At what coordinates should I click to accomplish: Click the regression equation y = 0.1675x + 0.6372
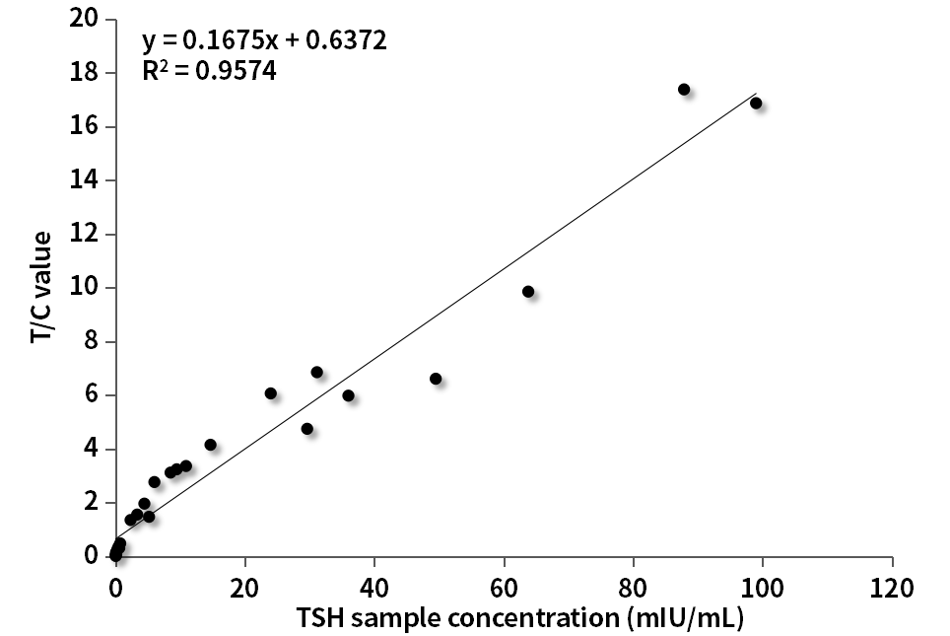[x=264, y=40]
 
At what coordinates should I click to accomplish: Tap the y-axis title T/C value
[x=42, y=288]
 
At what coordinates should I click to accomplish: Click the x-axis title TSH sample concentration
[x=519, y=618]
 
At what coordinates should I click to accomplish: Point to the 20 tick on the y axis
[x=85, y=19]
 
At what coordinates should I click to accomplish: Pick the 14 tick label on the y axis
[x=85, y=180]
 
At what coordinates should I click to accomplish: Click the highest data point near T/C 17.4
[x=684, y=89]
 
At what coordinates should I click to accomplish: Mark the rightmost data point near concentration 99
[x=756, y=103]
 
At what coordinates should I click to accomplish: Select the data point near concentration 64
[x=528, y=291]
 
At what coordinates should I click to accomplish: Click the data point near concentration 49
[x=436, y=379]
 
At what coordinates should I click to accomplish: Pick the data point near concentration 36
[x=348, y=395]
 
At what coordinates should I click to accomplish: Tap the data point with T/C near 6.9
[x=316, y=372]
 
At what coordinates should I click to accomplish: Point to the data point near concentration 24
[x=271, y=393]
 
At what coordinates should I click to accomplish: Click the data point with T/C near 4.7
[x=307, y=429]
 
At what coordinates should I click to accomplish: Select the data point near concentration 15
[x=210, y=445]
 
